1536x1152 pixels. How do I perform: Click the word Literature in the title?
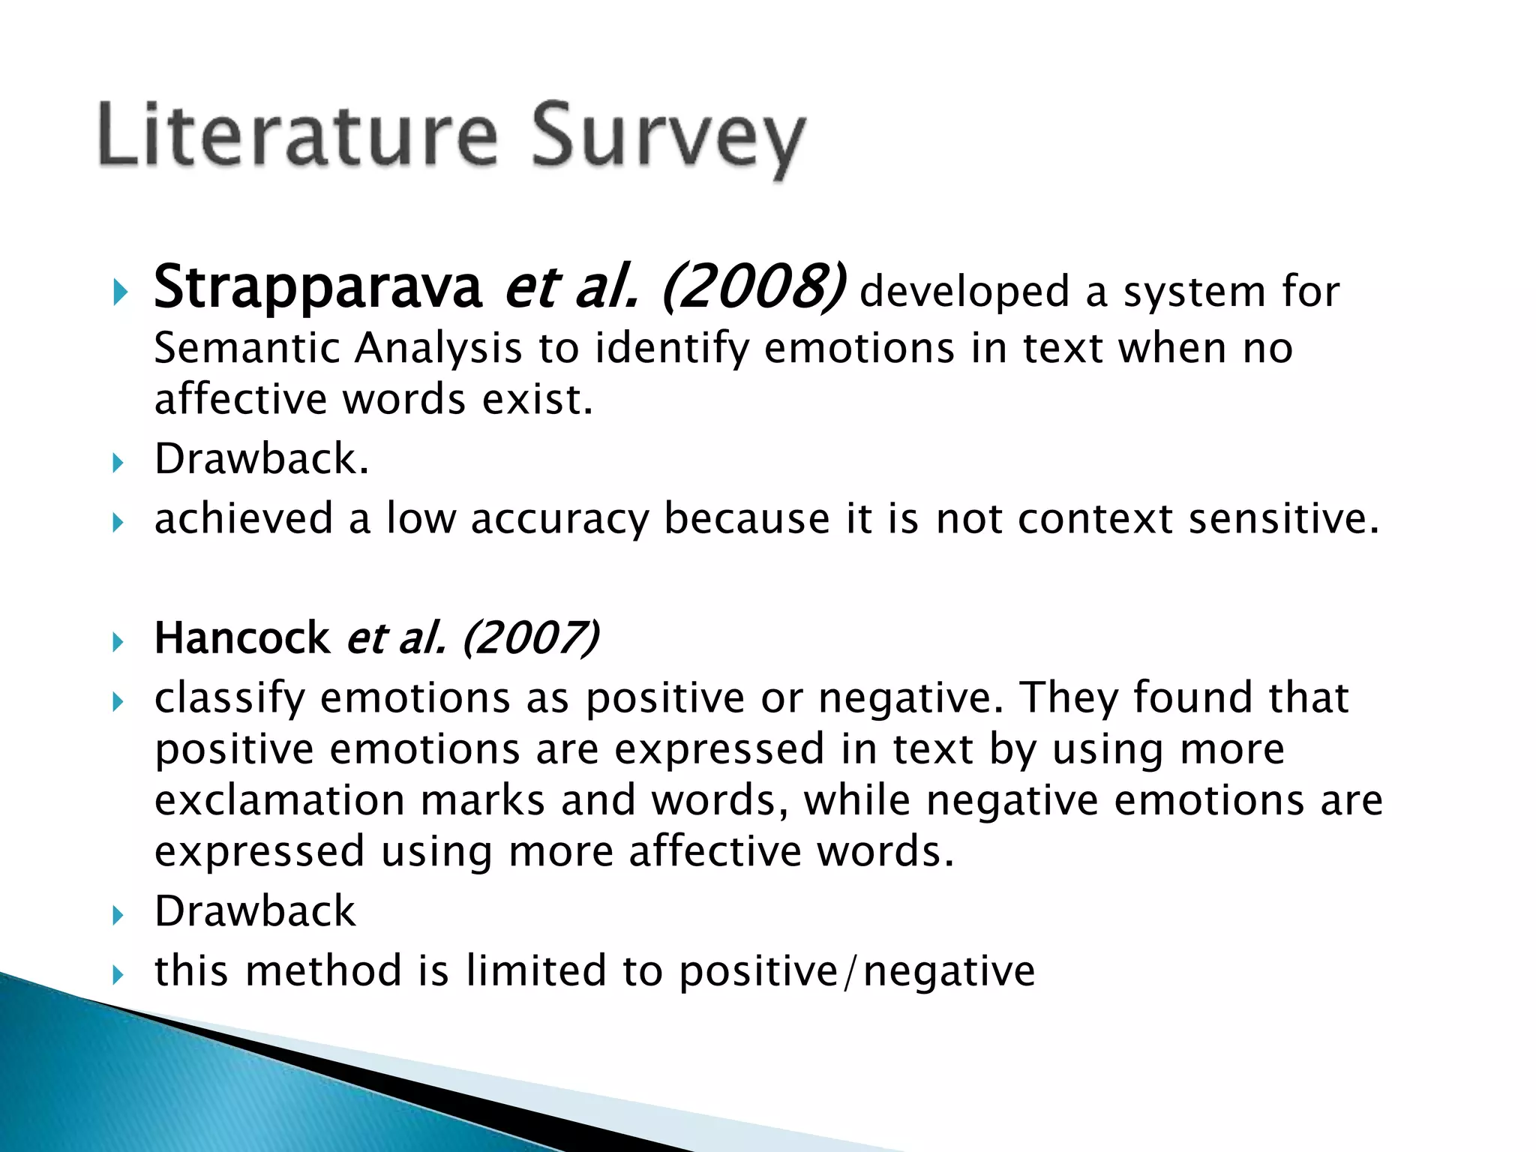(296, 135)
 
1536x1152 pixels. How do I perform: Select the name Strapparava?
(317, 288)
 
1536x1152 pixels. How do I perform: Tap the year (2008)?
(753, 288)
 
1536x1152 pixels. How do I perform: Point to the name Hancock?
(241, 639)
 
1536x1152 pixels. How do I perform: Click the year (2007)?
(530, 639)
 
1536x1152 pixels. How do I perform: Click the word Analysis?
(438, 349)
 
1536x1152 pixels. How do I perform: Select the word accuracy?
(559, 519)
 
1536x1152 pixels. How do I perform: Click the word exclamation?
(279, 800)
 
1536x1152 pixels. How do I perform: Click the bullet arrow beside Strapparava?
(118, 292)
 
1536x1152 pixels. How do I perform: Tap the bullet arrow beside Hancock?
(118, 642)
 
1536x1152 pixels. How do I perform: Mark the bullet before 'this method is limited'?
(118, 975)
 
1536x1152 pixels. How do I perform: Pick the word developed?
(964, 292)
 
